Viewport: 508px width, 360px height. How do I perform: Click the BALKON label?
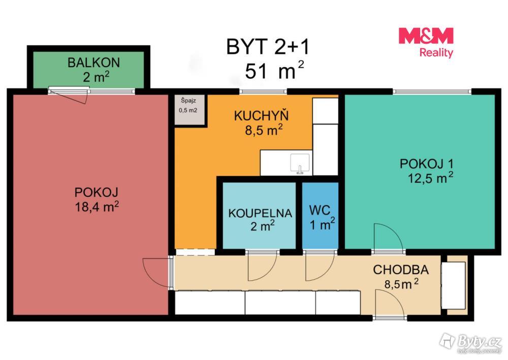[93, 62]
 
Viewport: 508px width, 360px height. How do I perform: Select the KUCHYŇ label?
[261, 116]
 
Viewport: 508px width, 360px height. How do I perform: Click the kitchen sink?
[300, 164]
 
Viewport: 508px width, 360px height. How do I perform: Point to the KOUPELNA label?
[260, 214]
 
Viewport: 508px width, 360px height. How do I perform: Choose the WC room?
[320, 216]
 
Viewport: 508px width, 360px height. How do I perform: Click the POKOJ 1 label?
[426, 164]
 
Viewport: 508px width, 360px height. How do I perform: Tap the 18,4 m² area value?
[97, 206]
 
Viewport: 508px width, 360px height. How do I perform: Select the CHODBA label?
[401, 270]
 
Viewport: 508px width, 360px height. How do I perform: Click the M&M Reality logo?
[426, 43]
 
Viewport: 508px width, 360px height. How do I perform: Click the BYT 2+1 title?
[268, 47]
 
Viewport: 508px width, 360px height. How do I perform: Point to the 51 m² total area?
[274, 70]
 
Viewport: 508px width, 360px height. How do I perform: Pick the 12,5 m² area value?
[430, 178]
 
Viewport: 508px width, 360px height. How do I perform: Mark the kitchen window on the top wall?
[263, 92]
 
